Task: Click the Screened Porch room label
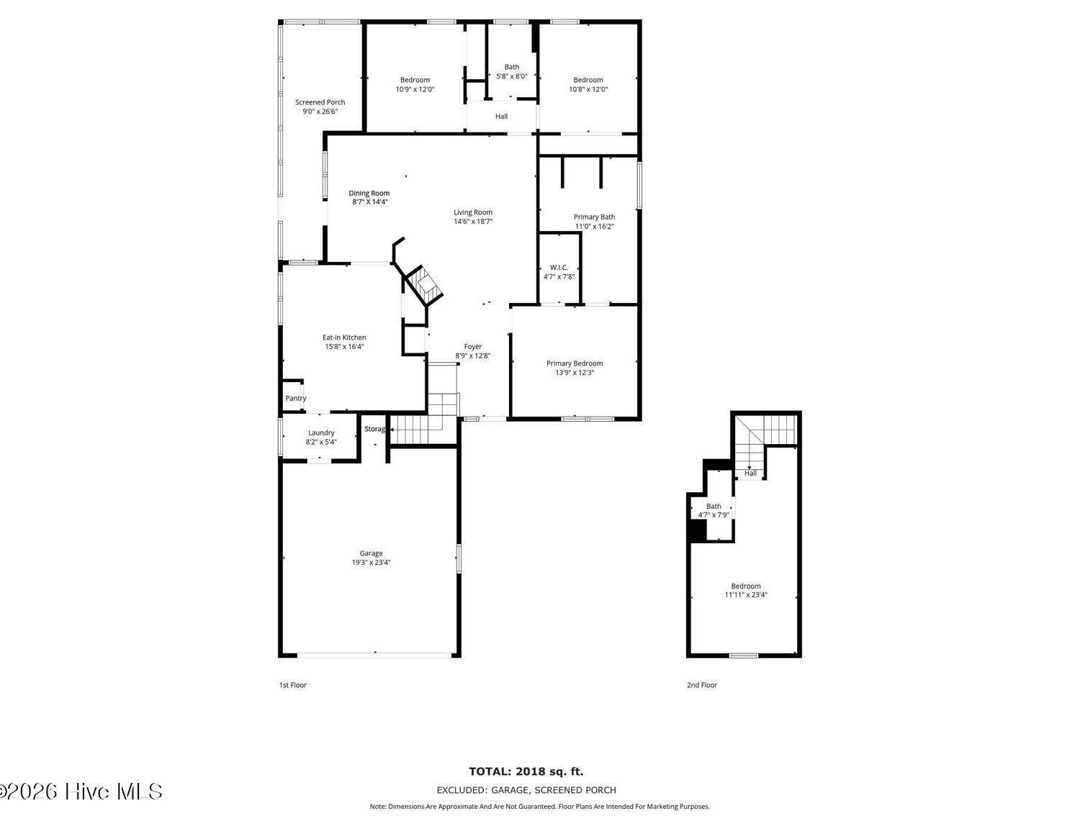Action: [320, 102]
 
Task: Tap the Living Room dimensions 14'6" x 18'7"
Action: [472, 222]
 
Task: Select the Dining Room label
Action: [369, 194]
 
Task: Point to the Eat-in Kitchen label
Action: [344, 338]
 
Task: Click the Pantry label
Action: [296, 399]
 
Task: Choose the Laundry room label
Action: [321, 432]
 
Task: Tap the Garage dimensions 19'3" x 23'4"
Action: [371, 563]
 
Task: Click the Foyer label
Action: [472, 347]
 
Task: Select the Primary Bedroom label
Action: [575, 363]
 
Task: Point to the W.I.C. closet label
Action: [559, 268]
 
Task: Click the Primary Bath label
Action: [594, 217]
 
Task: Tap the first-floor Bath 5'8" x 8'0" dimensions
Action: [511, 76]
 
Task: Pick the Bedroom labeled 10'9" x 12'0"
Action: [415, 80]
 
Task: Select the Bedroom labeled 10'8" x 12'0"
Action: [588, 80]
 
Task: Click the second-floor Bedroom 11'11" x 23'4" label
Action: [745, 586]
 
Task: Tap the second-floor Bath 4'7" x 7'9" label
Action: [714, 506]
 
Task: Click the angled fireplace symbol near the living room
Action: [423, 285]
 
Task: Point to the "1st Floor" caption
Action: [293, 685]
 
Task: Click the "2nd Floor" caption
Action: [702, 685]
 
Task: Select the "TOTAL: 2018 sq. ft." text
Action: [526, 771]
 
